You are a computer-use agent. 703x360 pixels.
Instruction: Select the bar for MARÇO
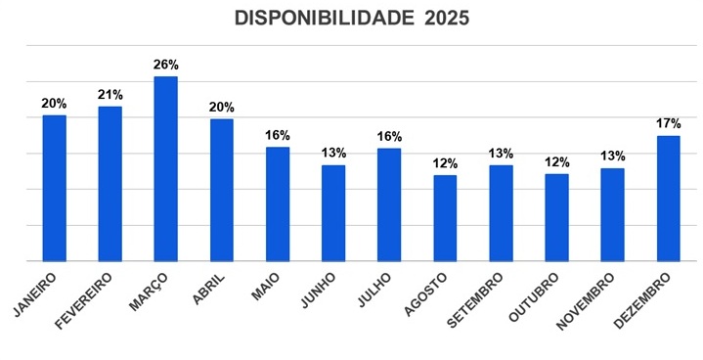click(x=166, y=168)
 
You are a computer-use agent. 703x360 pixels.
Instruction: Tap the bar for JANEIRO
click(x=55, y=188)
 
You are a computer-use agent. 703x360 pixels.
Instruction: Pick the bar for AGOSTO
click(x=445, y=218)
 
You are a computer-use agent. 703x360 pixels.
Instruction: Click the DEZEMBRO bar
click(x=668, y=199)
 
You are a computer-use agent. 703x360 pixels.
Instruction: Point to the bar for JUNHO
click(x=333, y=213)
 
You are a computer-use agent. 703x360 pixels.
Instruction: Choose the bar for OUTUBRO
click(x=556, y=217)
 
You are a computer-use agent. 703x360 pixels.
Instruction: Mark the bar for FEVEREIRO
click(x=110, y=183)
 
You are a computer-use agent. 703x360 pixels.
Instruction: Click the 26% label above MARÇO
click(x=166, y=65)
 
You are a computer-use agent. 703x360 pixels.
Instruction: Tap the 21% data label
click(x=110, y=95)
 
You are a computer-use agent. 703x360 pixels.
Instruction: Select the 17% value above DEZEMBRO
click(x=668, y=124)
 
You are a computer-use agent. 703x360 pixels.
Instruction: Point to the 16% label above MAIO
click(x=278, y=136)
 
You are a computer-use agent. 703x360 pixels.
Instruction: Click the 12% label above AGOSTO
click(x=445, y=163)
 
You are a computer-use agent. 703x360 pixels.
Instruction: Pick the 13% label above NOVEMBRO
click(x=612, y=157)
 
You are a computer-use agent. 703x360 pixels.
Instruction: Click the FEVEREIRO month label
click(x=89, y=298)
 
